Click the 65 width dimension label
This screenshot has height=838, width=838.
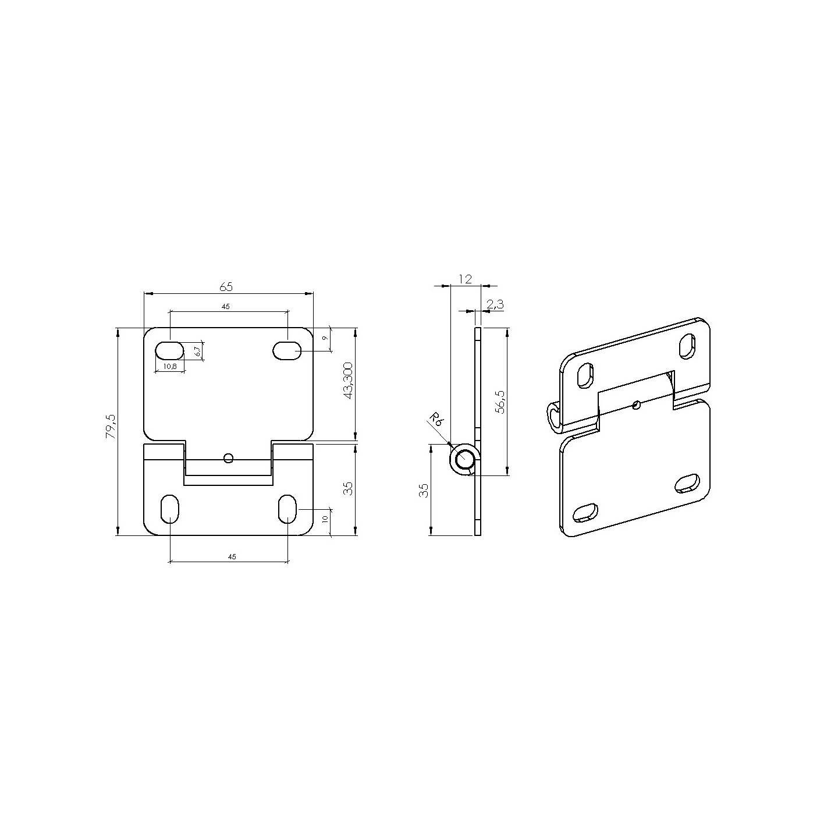pyautogui.click(x=226, y=286)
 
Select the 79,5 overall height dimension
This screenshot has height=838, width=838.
pyautogui.click(x=111, y=426)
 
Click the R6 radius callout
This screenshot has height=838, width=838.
pyautogui.click(x=436, y=419)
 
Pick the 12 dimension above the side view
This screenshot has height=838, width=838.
pyautogui.click(x=465, y=279)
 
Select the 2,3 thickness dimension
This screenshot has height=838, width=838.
pyautogui.click(x=495, y=304)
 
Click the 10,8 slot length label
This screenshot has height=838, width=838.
pyautogui.click(x=170, y=366)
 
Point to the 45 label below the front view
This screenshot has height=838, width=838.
pyautogui.click(x=232, y=557)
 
